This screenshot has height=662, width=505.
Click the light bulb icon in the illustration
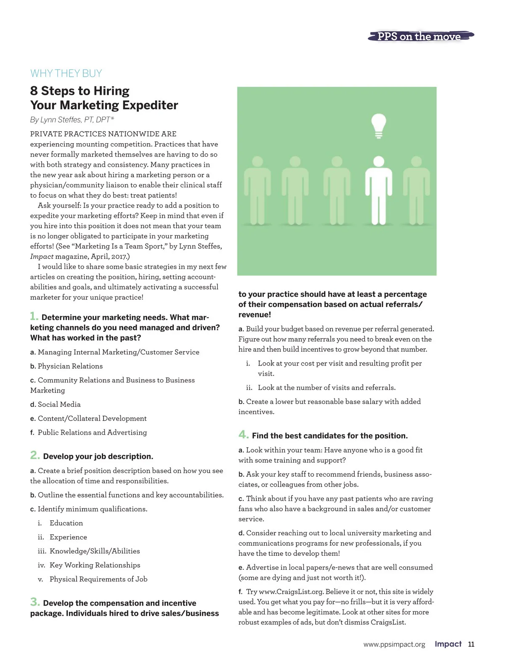pyautogui.click(x=378, y=125)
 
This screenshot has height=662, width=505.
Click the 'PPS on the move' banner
pyautogui.click(x=420, y=37)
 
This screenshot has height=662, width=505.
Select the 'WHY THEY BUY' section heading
pyautogui.click(x=66, y=73)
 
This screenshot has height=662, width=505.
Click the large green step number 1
pyautogui.click(x=34, y=316)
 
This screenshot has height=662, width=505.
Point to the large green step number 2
pyautogui.click(x=35, y=455)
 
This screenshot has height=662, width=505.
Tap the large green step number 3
pyautogui.click(x=35, y=602)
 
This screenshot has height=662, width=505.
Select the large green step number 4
pyautogui.click(x=243, y=435)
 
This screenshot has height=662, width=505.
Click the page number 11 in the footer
pyautogui.click(x=471, y=644)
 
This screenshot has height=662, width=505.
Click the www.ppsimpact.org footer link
pyautogui.click(x=394, y=644)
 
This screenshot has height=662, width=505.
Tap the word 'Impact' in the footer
pyautogui.click(x=448, y=644)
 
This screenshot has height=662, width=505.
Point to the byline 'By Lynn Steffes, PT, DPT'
pyautogui.click(x=72, y=120)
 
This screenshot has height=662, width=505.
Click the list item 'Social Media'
pyautogui.click(x=59, y=404)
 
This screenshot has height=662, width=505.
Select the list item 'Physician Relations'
pyautogui.click(x=70, y=366)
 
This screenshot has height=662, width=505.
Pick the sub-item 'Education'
pyautogui.click(x=66, y=523)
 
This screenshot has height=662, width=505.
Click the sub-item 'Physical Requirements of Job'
pyautogui.click(x=98, y=579)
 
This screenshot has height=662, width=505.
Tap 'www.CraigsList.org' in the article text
pyautogui.click(x=291, y=592)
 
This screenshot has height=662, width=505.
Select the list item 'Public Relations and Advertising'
pyautogui.click(x=92, y=432)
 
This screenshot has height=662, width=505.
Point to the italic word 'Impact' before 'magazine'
pyautogui.click(x=42, y=256)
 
